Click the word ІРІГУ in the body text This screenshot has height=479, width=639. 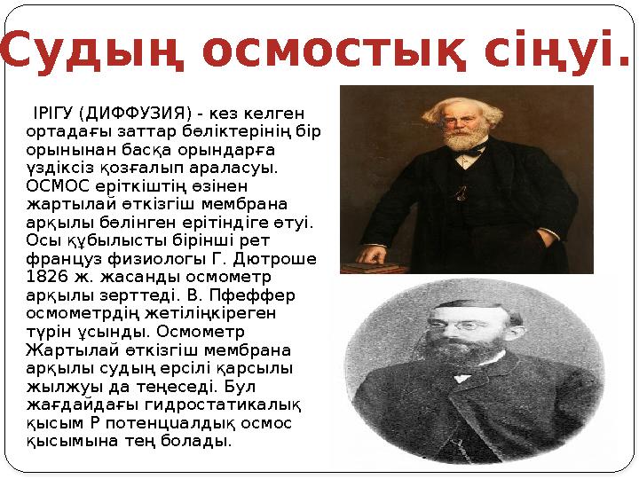52,114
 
